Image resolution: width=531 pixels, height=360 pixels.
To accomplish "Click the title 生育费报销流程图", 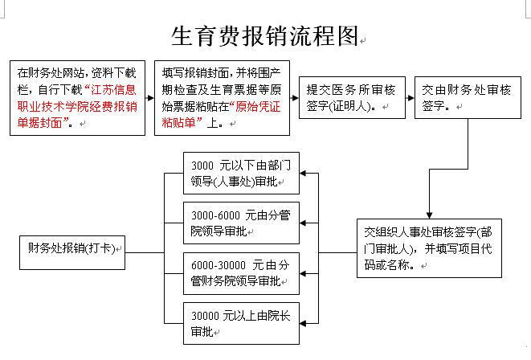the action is (264, 36).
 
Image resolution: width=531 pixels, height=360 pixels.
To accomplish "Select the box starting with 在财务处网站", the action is (78, 98).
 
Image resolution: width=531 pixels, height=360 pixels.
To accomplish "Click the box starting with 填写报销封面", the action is (223, 98).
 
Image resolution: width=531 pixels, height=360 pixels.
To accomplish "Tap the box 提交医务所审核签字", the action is (352, 97).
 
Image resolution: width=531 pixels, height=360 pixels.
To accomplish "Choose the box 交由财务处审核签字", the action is (468, 97).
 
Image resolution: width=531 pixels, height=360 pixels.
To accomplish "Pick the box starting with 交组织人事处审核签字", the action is (429, 248).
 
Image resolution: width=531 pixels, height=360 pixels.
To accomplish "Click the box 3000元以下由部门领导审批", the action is (241, 173).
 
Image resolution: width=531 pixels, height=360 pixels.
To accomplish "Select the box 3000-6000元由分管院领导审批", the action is (241, 223).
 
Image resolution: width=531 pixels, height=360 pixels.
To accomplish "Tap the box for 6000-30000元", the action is (241, 273).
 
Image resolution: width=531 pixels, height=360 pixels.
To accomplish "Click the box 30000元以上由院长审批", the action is (241, 323).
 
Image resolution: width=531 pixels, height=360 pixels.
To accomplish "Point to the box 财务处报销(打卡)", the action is (72, 252).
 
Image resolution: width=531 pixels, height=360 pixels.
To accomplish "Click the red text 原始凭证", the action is (258, 107).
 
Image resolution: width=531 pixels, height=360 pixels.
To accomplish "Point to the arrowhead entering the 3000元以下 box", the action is (303, 173).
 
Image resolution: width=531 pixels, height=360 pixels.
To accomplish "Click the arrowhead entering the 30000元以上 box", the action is (303, 323).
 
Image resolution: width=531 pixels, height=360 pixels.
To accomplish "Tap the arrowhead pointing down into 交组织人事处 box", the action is (429, 215).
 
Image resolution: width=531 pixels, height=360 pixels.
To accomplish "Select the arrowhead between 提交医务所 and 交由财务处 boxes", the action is (411, 98).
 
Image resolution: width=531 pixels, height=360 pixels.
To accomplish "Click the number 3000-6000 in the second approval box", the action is (215, 215).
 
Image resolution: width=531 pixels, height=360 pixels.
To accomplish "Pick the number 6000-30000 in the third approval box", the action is (218, 265).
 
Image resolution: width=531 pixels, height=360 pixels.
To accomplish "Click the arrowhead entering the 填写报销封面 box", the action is (151, 98).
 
